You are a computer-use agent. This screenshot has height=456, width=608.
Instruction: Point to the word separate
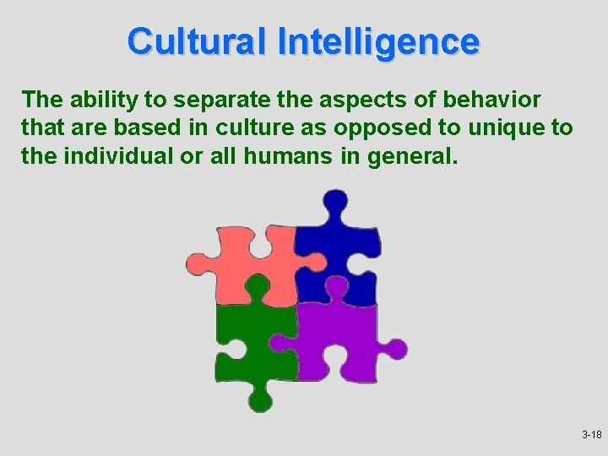coord(203,100)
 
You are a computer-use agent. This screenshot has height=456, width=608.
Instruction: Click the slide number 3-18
coord(591,435)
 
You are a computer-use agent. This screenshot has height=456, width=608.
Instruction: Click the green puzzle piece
coord(249,342)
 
